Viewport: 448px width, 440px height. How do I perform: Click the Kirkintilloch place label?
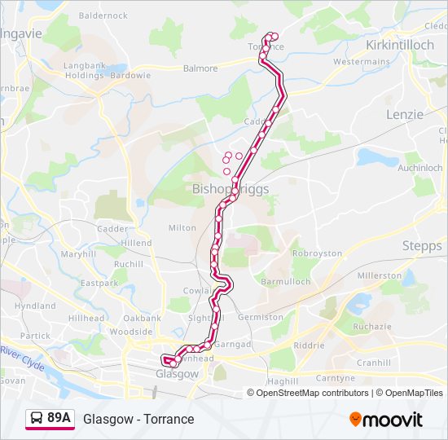[x=400, y=45]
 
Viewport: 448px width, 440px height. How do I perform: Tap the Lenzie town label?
[x=405, y=114]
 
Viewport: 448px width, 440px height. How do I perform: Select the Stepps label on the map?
[x=422, y=245]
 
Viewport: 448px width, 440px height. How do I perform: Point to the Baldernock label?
[x=103, y=15]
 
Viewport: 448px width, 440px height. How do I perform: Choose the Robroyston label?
[x=317, y=253]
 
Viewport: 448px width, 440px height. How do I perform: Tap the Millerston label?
[x=379, y=275]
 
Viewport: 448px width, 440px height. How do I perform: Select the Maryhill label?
[x=78, y=254]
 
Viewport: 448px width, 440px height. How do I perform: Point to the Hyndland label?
[x=35, y=306]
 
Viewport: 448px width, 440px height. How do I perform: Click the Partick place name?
[x=35, y=335]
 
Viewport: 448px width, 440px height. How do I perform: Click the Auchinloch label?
[x=420, y=168]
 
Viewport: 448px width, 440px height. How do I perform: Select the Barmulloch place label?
[x=286, y=281]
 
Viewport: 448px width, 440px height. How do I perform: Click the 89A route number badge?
[x=59, y=418]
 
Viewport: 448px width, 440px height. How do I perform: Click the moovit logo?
[x=386, y=420]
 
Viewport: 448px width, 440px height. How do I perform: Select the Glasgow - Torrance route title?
[x=138, y=419]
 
